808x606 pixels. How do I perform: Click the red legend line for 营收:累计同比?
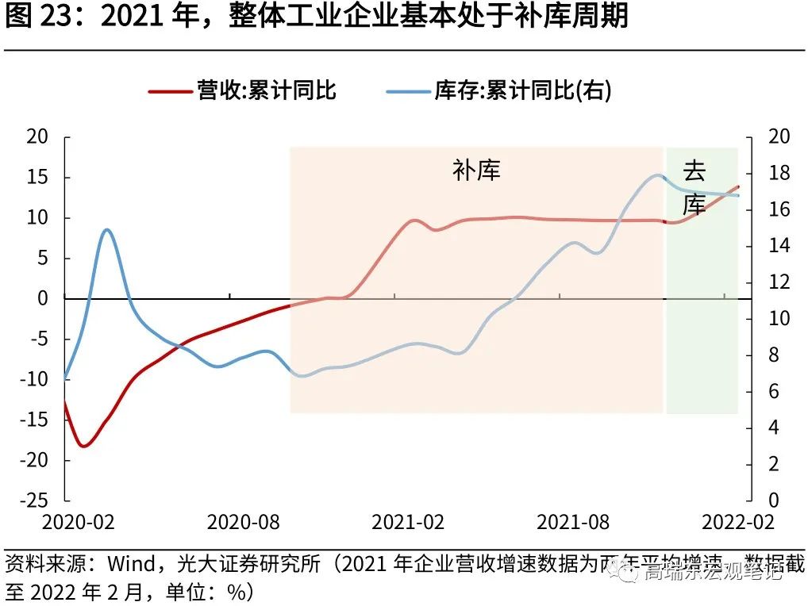click(171, 91)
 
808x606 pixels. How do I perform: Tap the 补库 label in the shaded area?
click(476, 170)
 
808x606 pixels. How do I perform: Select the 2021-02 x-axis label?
click(408, 522)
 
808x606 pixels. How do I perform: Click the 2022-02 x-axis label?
click(737, 522)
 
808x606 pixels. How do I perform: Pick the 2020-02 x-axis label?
click(78, 522)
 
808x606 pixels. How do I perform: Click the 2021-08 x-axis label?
click(573, 522)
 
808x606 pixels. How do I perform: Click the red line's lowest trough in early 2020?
click(83, 447)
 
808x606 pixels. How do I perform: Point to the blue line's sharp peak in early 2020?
click(107, 230)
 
